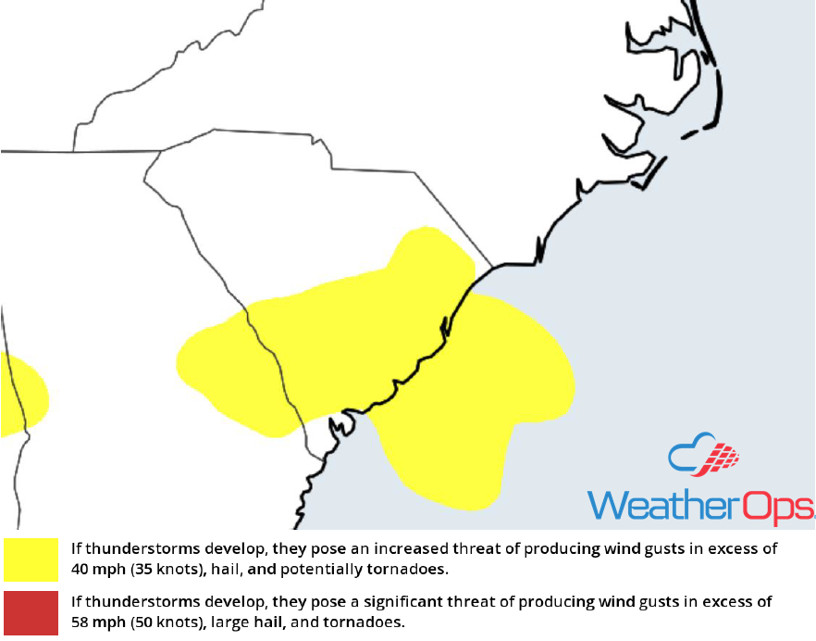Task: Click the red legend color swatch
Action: point(31,611)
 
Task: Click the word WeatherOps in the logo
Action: point(701,504)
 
